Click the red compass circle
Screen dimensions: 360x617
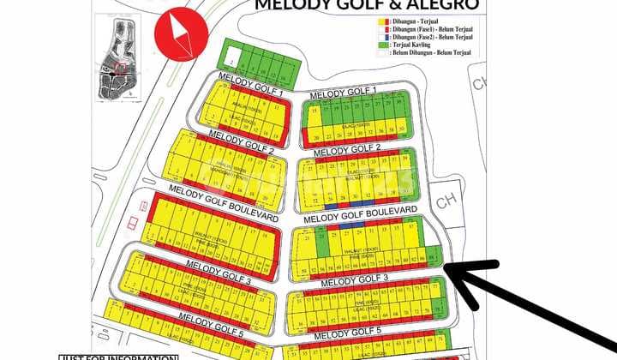click(179, 33)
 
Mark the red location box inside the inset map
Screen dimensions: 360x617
click(122, 67)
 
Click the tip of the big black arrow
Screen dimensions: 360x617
click(447, 267)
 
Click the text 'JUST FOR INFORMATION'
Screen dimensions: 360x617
click(117, 357)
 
